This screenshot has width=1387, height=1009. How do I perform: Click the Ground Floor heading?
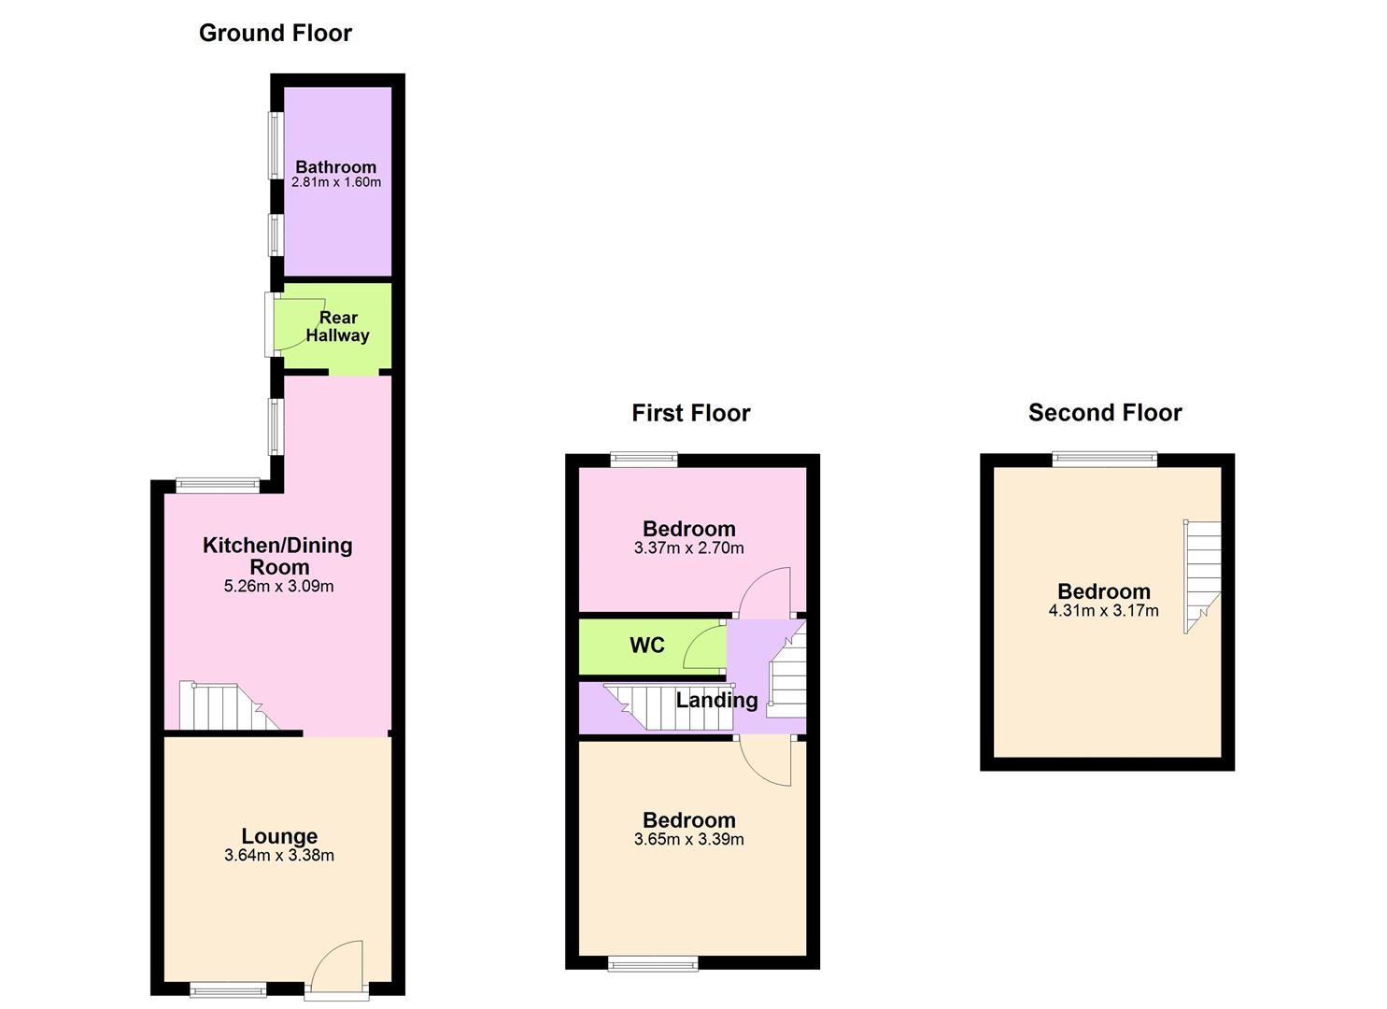point(276,33)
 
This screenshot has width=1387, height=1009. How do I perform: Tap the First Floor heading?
point(690,413)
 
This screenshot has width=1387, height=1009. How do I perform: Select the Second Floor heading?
point(1105,413)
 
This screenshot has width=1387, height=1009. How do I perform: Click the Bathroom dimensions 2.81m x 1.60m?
point(336,183)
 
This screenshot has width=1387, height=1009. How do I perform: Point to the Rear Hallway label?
point(337,326)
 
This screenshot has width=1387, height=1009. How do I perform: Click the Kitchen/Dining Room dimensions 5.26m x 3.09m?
point(278,587)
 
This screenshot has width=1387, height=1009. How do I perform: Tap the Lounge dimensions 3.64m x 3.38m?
point(278,856)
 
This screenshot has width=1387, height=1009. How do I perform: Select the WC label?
point(647,646)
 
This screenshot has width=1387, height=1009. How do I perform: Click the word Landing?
point(716,700)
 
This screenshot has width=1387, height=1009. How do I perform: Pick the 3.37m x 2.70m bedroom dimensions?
point(688,548)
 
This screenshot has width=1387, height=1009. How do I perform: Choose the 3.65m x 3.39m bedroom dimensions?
point(688,840)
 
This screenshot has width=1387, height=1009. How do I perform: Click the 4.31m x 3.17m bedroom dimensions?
point(1103,611)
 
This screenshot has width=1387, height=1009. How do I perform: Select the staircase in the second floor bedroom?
point(1202,575)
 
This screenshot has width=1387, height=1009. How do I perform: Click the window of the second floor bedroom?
point(1104,458)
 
